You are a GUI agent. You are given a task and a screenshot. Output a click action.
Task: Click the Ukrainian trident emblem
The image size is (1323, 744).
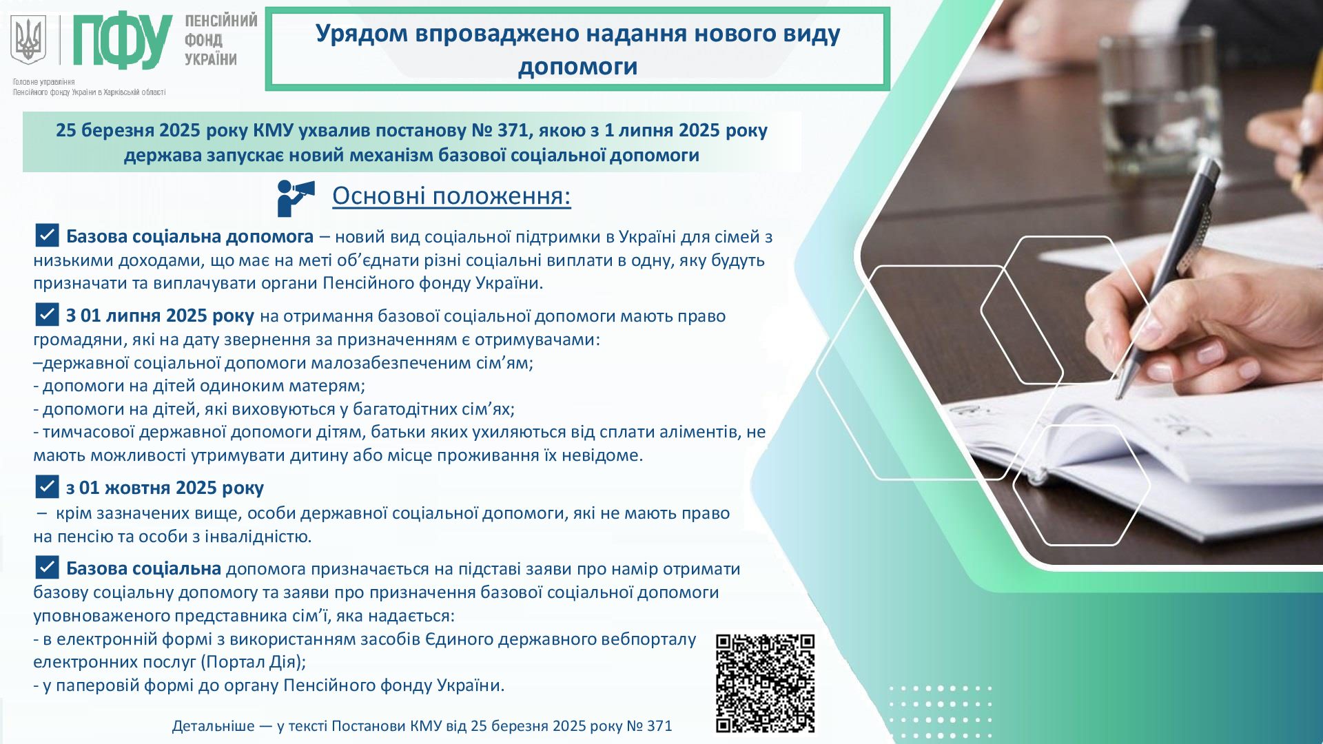(28, 40)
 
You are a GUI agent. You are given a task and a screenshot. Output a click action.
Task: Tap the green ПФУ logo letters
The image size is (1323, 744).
(123, 41)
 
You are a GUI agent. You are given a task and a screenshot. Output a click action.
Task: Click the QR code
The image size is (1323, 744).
(765, 683)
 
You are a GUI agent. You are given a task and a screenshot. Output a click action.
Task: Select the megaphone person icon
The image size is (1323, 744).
(296, 198)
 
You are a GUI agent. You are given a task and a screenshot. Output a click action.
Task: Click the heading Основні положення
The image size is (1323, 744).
(451, 196)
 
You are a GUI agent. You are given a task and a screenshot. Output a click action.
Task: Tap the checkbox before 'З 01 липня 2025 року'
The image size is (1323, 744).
(47, 314)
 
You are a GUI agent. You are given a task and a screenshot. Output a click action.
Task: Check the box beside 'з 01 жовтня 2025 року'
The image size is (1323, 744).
(47, 486)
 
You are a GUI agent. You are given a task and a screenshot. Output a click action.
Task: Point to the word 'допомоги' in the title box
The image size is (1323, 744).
(577, 67)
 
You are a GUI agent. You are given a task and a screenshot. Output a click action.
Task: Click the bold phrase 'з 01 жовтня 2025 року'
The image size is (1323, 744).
(165, 488)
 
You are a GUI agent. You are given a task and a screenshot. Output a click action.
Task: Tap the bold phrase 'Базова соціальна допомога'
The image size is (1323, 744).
(189, 236)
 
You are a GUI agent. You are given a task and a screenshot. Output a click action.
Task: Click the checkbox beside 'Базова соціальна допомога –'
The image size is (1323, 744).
(47, 235)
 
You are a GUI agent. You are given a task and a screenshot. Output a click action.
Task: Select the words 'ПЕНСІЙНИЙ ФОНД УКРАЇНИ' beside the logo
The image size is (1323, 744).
(220, 40)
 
